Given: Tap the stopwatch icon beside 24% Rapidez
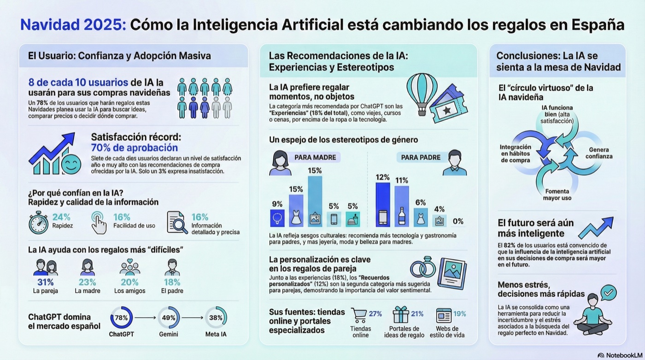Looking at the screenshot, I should [x=38, y=223].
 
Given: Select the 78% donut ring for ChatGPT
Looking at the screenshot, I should [x=122, y=318].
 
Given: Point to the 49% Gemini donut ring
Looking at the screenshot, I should [x=169, y=318].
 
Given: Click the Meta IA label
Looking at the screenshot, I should [x=216, y=334].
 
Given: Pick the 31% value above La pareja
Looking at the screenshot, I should [x=45, y=282].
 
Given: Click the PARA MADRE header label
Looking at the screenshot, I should [x=315, y=157].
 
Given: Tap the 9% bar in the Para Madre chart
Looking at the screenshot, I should [x=277, y=218].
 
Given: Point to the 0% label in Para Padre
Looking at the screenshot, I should [x=458, y=221].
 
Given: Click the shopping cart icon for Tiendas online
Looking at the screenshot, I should [x=359, y=315].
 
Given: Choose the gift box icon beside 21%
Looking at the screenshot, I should [x=401, y=315].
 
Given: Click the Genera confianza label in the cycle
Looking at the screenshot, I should [x=599, y=153].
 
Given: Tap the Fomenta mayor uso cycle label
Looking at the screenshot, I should [x=557, y=195].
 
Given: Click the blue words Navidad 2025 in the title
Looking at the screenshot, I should [x=73, y=25].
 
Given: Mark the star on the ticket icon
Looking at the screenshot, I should [x=446, y=110].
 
